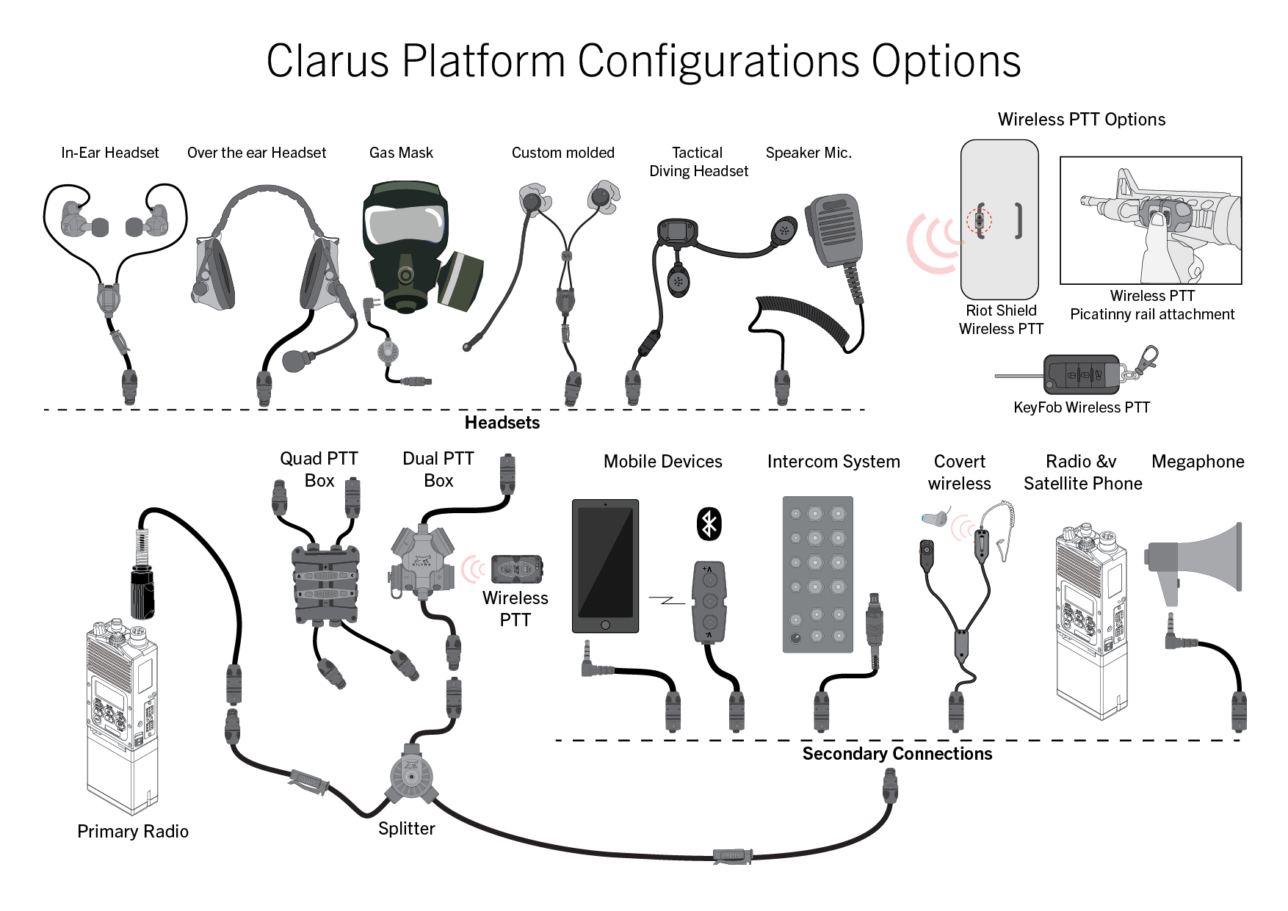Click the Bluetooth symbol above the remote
pos(709,524)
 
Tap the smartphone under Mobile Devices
pos(605,566)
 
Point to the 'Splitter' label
pos(406,829)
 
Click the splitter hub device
pos(411,777)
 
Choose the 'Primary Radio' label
pos(133,832)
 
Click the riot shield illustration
pos(999,219)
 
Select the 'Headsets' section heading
pos(502,423)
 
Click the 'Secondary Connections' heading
pos(897,754)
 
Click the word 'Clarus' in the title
pos(327,61)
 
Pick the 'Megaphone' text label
pos(1198,462)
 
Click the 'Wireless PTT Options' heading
pos(1081,120)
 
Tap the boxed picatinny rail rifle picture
pos(1151,220)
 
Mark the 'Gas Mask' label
pos(401,153)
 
